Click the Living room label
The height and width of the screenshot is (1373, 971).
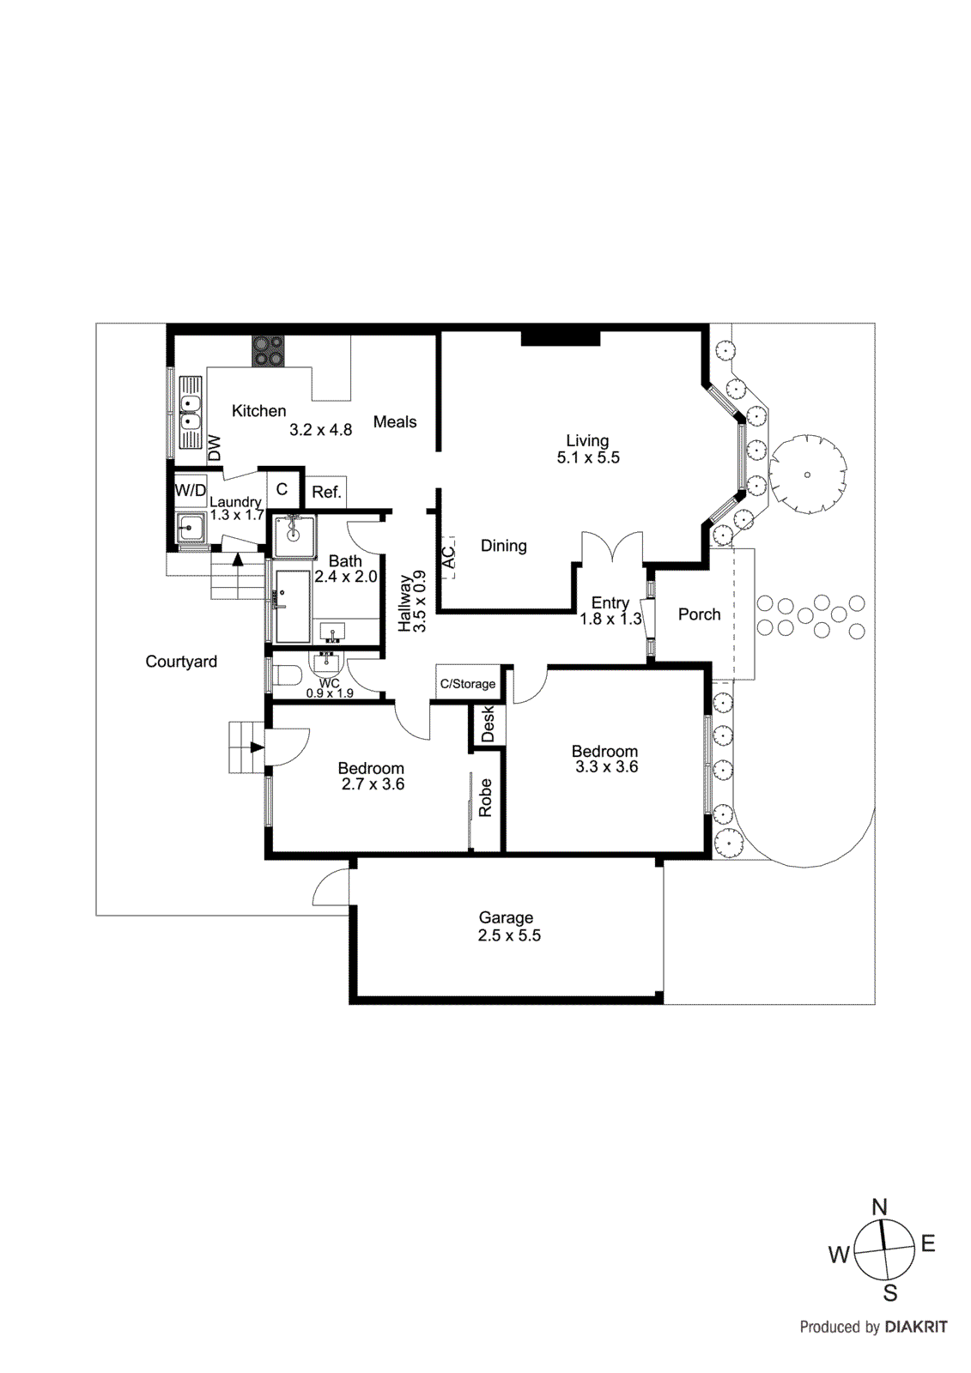coord(587,441)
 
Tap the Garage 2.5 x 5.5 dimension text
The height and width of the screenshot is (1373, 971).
coord(509,936)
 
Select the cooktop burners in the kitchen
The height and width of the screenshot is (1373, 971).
coord(268,350)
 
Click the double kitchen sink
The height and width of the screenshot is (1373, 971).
coord(190,413)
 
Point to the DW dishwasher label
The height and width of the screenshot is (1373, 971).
coord(215,448)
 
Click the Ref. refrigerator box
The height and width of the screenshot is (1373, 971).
coord(326,493)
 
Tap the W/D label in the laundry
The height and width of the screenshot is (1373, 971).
coord(191,491)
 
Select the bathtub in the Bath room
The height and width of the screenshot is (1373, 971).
coord(292,605)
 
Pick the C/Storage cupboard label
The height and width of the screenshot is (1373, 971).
coord(468,684)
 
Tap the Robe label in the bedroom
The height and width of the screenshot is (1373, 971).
coord(486,798)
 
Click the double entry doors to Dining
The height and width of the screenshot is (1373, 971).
coord(612,548)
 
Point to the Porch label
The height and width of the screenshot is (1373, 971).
coord(699,614)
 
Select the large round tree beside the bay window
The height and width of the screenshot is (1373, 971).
coord(807,474)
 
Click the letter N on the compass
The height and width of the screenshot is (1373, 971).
coord(879,1208)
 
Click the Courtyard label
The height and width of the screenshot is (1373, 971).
coord(181,662)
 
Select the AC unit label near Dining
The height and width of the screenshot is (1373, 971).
coord(448,558)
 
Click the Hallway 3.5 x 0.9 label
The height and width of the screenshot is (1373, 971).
coord(412,602)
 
